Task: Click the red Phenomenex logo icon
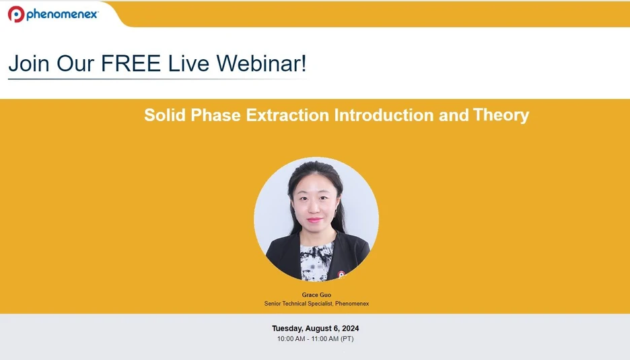[16, 13]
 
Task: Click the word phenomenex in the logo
[62, 14]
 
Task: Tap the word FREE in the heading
[131, 64]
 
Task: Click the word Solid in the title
[165, 115]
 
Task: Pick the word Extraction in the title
[288, 115]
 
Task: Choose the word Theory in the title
[501, 115]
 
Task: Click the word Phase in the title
[217, 115]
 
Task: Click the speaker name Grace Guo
[316, 295]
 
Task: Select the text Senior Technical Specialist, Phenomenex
[316, 303]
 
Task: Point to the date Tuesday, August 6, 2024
[316, 328]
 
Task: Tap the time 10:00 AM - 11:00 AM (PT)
[315, 338]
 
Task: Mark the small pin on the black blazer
[341, 273]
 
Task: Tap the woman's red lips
[314, 220]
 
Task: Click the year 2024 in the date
[349, 328]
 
